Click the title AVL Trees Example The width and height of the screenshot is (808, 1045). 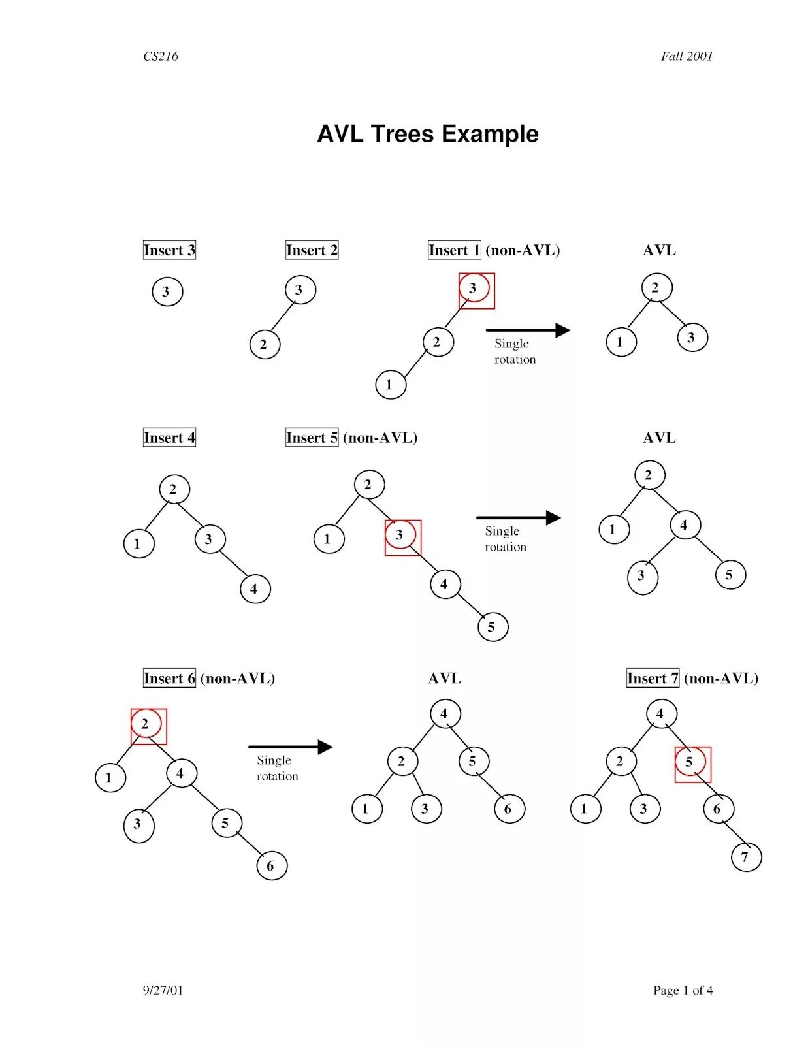pos(428,134)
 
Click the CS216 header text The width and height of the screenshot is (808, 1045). pos(160,56)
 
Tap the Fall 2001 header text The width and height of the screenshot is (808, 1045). pos(687,56)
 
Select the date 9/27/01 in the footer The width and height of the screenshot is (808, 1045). pos(163,990)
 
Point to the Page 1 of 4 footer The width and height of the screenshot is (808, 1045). pos(683,990)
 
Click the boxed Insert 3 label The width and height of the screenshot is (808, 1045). pos(169,250)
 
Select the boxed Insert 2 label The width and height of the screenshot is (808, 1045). pos(312,250)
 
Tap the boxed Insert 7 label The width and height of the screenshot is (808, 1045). pos(653,679)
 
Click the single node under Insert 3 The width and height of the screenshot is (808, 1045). pos(167,291)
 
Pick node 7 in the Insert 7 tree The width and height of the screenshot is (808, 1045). pos(746,857)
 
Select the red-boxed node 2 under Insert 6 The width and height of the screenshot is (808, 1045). pos(146,724)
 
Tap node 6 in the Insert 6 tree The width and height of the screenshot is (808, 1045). pos(272,866)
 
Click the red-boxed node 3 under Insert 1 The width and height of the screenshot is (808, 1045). pos(474,289)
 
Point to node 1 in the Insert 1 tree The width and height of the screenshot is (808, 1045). pos(391,385)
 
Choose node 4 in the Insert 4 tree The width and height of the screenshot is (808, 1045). pos(255,589)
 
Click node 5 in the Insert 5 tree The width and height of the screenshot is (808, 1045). pos(493,627)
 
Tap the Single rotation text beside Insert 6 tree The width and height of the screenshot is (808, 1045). pos(278,768)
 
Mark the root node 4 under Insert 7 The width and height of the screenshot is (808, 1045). pos(661,714)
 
